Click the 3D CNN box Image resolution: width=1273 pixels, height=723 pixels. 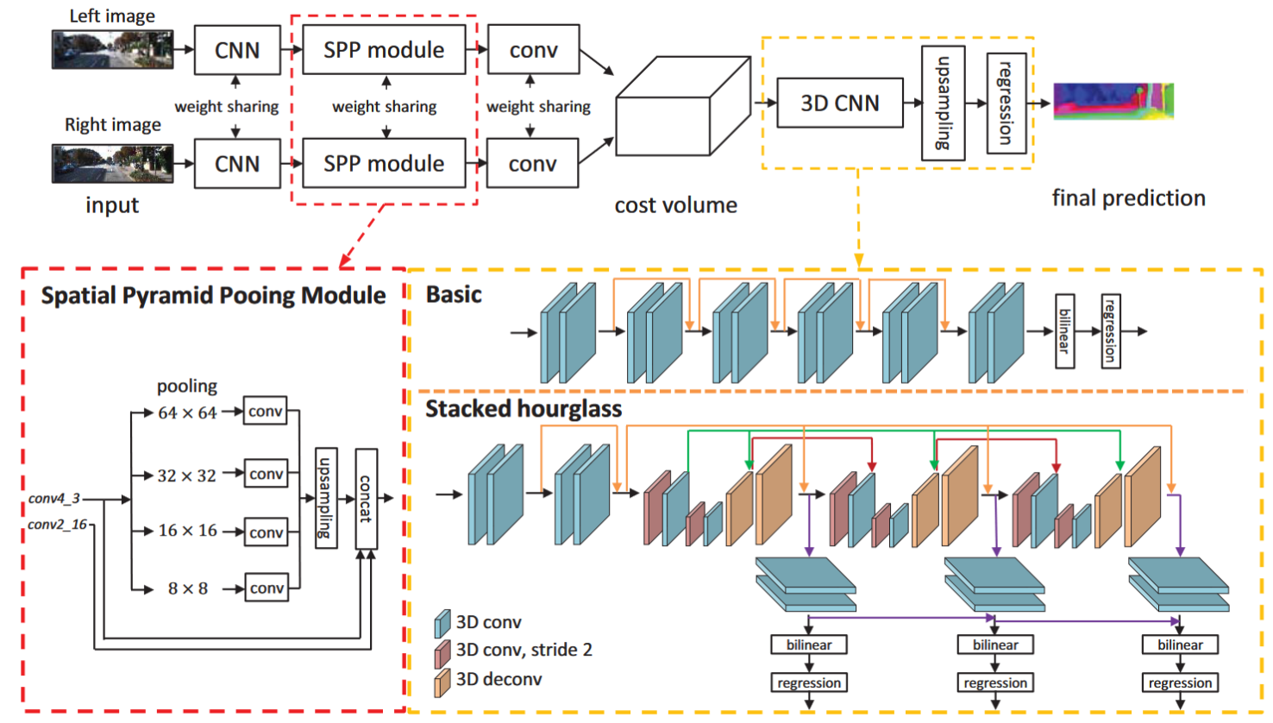[x=839, y=103]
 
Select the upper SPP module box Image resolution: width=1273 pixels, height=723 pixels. [x=384, y=50]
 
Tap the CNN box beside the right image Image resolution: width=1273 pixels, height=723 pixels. [x=237, y=164]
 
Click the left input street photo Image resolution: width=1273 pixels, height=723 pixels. [x=112, y=49]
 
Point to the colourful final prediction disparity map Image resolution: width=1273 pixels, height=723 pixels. [x=1113, y=101]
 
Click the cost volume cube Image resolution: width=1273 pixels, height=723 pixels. [x=682, y=107]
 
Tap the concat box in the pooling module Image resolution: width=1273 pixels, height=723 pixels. [x=366, y=499]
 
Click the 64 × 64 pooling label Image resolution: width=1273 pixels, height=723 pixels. [x=187, y=412]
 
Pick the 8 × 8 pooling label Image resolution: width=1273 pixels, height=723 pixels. [x=187, y=588]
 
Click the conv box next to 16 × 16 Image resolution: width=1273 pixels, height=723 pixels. [x=266, y=531]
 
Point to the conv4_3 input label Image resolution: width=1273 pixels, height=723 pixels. [x=53, y=498]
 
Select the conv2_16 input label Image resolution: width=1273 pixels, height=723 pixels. [x=57, y=524]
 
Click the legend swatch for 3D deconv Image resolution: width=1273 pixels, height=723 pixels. [x=442, y=682]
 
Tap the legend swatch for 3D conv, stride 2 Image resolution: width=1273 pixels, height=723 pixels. [x=442, y=652]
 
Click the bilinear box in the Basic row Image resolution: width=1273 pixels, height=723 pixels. [x=1065, y=331]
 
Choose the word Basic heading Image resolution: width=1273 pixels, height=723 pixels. [x=454, y=295]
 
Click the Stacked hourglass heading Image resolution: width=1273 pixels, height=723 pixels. [x=524, y=408]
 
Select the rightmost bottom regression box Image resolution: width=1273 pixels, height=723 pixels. [x=1180, y=682]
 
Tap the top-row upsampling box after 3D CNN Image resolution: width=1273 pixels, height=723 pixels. [x=943, y=103]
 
